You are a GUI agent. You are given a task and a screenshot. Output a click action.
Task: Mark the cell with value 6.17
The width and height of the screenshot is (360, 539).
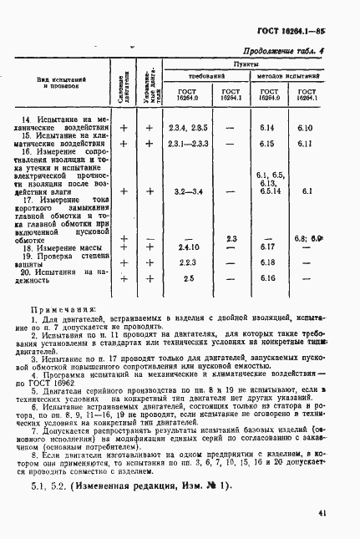[267, 247]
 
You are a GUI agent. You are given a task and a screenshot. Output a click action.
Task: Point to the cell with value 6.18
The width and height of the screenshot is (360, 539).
[267, 262]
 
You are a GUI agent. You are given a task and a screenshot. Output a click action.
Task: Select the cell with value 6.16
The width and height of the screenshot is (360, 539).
[267, 278]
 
